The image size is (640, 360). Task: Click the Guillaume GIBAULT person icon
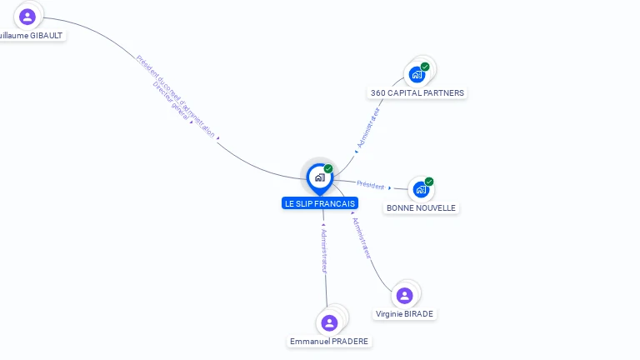point(27,17)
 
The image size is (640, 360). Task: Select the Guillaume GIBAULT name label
point(32,36)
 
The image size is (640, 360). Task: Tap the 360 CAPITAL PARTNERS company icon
point(417,74)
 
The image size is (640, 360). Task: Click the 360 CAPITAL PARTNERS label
point(417,93)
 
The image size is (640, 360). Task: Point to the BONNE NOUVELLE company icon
point(421,189)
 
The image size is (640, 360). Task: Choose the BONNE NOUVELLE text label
point(421,207)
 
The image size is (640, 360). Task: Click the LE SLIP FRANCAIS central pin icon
point(319,177)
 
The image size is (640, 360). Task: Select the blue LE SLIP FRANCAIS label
point(320,203)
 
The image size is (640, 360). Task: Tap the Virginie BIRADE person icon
point(404,296)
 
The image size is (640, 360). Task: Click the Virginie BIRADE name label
point(404,314)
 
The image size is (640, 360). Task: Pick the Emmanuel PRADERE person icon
point(329,322)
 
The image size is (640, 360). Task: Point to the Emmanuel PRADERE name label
point(329,342)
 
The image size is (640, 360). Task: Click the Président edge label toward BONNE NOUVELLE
point(371,185)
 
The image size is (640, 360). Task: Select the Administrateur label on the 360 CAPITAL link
point(367,127)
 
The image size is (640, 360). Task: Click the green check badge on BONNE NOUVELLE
point(429,182)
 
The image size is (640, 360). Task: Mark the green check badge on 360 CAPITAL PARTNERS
point(425,67)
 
